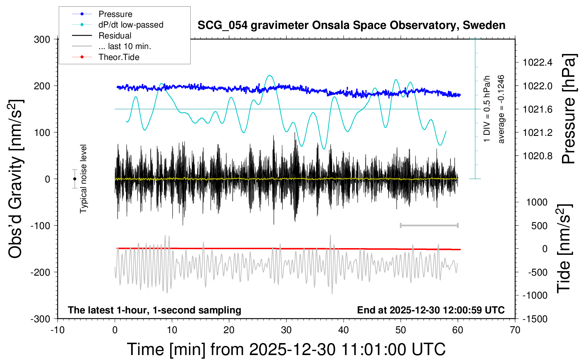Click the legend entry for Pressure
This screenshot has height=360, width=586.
click(115, 14)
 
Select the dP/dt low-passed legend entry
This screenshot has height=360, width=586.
click(131, 25)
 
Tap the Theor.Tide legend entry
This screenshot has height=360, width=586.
click(119, 57)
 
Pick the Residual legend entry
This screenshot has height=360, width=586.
click(115, 36)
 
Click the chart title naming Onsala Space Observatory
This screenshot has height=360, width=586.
click(351, 25)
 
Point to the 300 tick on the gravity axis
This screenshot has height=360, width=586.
click(42, 40)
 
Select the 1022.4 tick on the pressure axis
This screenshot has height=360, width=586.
click(537, 63)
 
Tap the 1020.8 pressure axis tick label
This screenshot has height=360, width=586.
click(537, 156)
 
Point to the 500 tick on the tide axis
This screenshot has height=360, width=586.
click(539, 226)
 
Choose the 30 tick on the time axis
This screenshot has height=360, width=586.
click(286, 330)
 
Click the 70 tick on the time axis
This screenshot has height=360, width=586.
click(515, 330)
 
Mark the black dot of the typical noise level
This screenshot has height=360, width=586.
click(74, 179)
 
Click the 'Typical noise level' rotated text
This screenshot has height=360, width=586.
click(83, 179)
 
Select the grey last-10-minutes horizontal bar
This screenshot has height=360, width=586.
click(429, 226)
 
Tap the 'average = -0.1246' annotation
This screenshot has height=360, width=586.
click(501, 109)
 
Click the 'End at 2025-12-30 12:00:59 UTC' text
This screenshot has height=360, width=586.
click(431, 310)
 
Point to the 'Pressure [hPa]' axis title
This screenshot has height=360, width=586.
click(569, 109)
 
